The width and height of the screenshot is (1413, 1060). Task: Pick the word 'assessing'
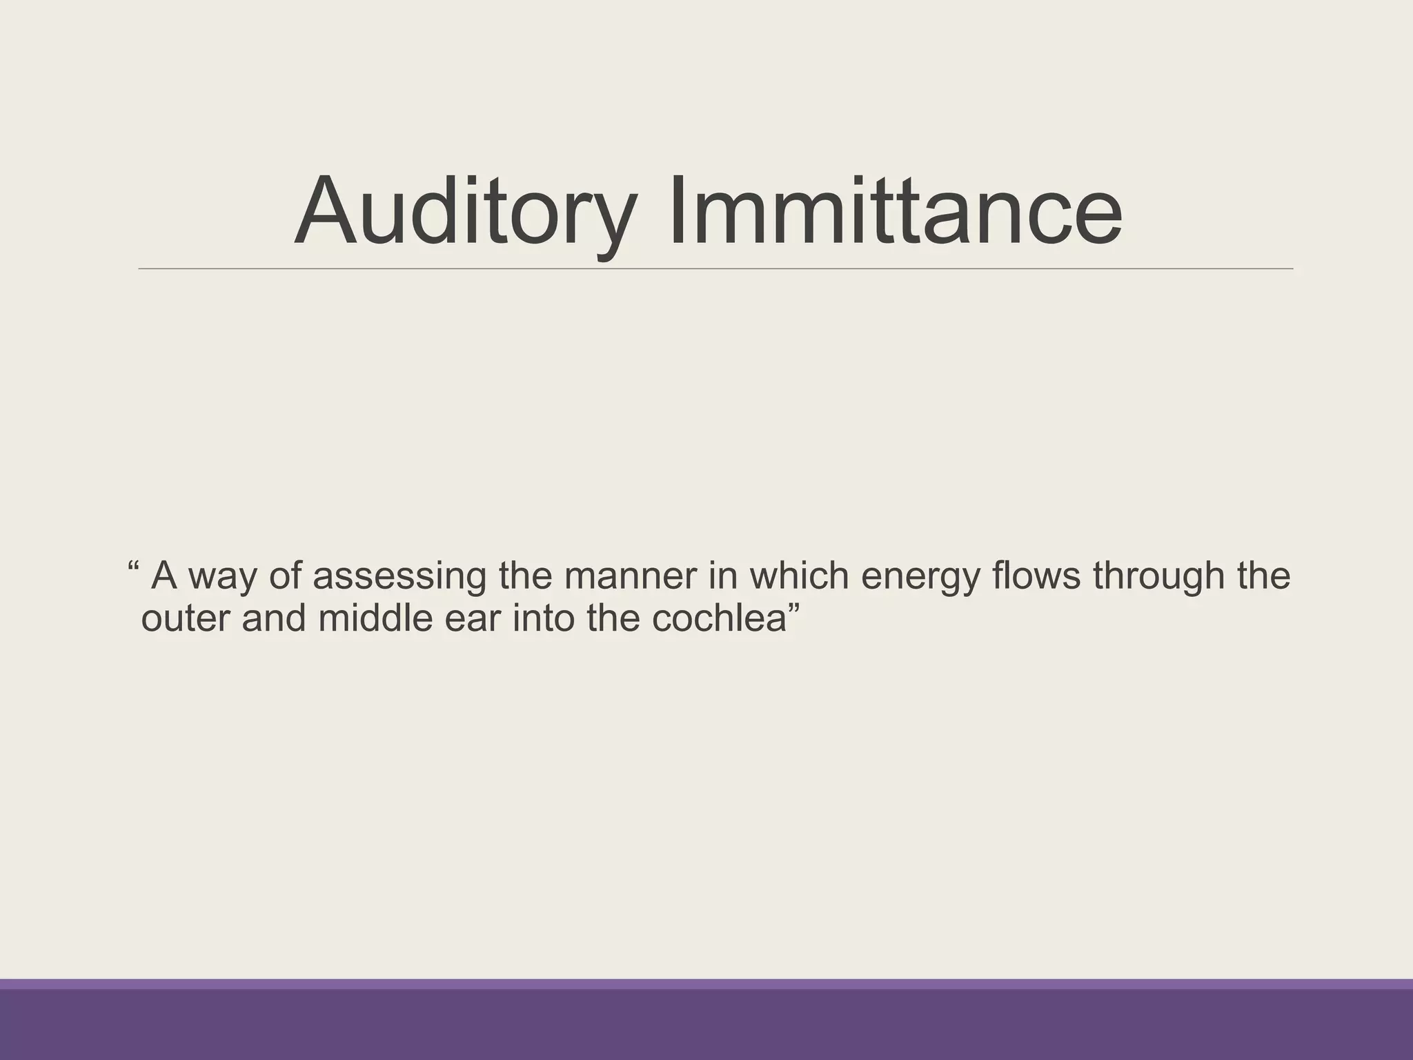tap(399, 577)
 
